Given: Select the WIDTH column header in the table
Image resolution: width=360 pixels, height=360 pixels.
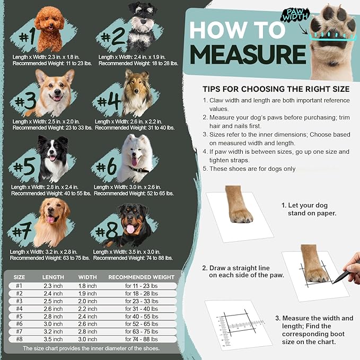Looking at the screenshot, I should pos(87,277).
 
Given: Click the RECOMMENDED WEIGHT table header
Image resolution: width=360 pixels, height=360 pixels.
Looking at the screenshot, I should pos(141,277).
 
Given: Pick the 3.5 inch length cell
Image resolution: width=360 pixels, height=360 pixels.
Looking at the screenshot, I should pos(53,339).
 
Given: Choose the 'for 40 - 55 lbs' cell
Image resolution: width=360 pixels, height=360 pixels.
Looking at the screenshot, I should pos(141,316).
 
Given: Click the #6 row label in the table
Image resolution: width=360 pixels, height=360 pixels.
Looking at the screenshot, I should pos(19,323).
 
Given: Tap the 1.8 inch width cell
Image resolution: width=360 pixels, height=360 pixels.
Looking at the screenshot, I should pos(87,286).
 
